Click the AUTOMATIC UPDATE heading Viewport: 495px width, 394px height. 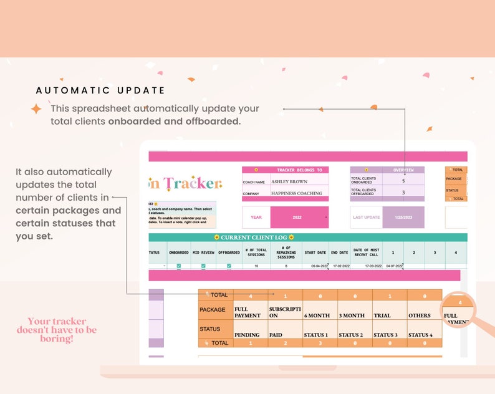click(x=100, y=90)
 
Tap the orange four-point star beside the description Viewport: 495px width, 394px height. click(x=37, y=109)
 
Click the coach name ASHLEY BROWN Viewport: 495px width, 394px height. click(x=289, y=182)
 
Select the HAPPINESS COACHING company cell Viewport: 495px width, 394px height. click(x=297, y=193)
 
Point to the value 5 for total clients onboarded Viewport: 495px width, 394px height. click(x=403, y=181)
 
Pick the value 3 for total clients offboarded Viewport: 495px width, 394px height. click(x=403, y=193)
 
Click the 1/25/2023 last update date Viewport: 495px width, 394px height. click(x=403, y=218)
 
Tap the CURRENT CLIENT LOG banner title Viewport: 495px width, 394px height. click(x=254, y=238)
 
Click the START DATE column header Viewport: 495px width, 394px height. click(x=315, y=252)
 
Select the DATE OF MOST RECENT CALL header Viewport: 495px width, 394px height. click(x=366, y=252)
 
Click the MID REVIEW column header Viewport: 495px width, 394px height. click(x=203, y=252)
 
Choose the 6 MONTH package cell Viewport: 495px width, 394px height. click(x=317, y=315)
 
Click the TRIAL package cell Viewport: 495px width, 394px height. click(x=382, y=315)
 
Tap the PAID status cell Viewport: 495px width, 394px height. click(x=276, y=335)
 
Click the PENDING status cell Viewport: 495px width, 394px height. click(x=247, y=335)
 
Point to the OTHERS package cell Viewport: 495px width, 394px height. click(x=420, y=315)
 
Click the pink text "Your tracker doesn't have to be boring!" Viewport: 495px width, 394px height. click(x=57, y=330)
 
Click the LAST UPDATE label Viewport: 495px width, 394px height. click(x=366, y=218)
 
